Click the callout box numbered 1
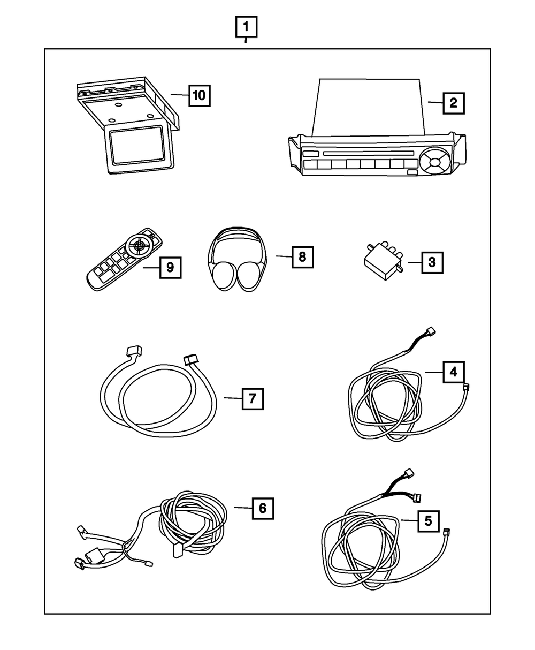tap(246, 27)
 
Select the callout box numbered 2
tap(453, 102)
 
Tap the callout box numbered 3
tap(432, 263)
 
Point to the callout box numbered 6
tap(262, 508)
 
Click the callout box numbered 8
tap(302, 257)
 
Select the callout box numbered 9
tap(170, 267)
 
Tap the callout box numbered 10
tap(198, 96)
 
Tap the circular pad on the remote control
tap(139, 245)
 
